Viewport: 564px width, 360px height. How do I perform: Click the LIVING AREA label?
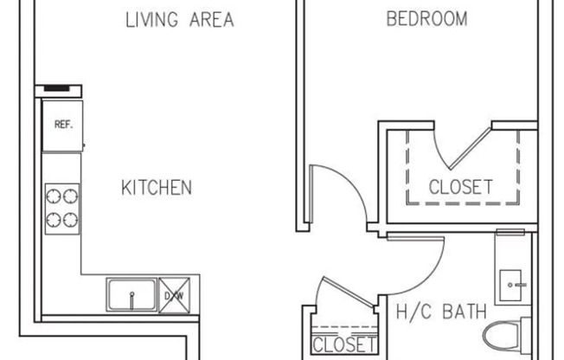click(180, 19)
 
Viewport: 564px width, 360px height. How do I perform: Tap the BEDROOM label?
click(427, 19)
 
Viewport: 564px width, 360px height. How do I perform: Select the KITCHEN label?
click(157, 188)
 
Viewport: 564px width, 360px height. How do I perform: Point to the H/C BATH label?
click(441, 312)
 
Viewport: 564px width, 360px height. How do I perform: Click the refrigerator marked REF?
click(62, 126)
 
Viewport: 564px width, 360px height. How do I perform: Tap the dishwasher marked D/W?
click(175, 295)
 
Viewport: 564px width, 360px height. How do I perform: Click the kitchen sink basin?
click(131, 294)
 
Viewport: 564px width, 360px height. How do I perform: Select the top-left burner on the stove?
click(54, 196)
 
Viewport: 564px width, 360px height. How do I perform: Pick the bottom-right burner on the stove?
click(71, 220)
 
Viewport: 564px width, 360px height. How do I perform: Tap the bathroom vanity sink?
click(511, 285)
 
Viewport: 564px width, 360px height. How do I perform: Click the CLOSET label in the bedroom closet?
click(461, 187)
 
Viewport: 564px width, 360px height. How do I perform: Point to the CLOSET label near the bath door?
click(344, 344)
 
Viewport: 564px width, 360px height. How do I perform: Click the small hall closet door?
click(349, 292)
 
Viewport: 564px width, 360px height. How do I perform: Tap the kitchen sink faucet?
click(131, 300)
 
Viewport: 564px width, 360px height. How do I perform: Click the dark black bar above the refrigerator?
click(56, 88)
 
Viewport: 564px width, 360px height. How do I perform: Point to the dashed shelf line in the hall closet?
click(344, 328)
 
